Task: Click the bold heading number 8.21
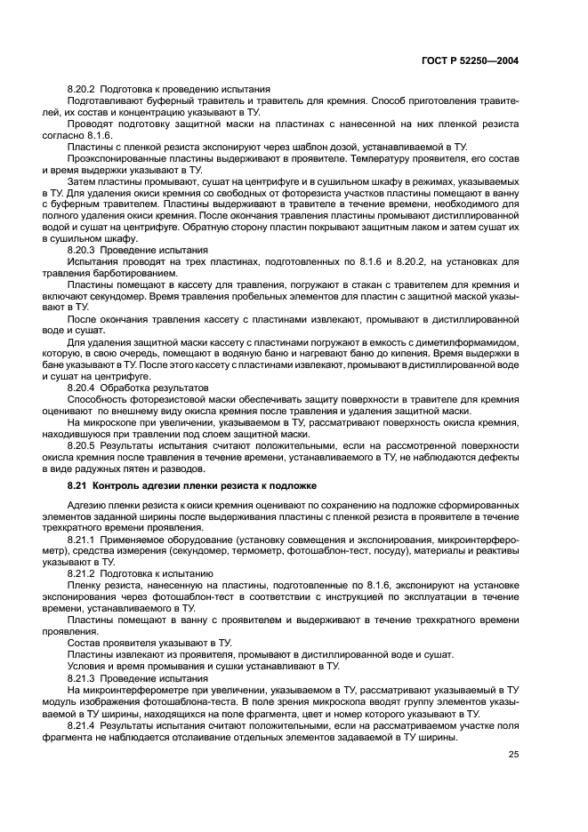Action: (x=78, y=485)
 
